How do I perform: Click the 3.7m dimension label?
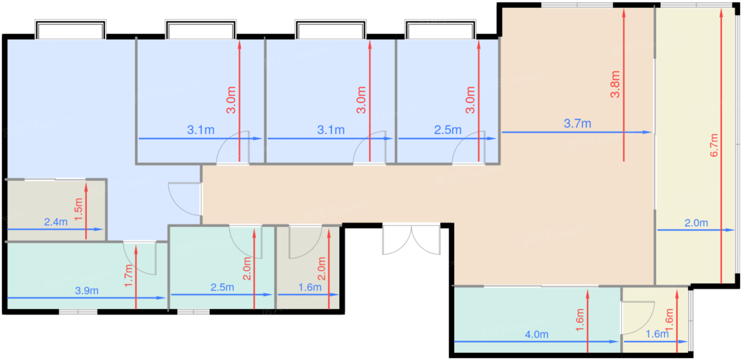click(577, 124)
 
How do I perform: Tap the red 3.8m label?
click(615, 84)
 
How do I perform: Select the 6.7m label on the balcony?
click(714, 145)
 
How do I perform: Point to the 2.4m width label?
click(56, 222)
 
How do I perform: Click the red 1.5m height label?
click(78, 209)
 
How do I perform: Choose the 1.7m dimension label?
click(128, 276)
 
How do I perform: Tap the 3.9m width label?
click(86, 291)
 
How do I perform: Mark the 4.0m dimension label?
click(536, 335)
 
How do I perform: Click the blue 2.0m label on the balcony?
click(696, 223)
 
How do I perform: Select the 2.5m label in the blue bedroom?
click(447, 130)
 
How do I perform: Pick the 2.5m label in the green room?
click(222, 287)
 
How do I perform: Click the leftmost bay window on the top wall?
click(70, 30)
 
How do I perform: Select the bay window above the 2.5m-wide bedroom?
click(440, 30)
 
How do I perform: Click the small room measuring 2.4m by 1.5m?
click(56, 210)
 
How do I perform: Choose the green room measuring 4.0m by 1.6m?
click(537, 320)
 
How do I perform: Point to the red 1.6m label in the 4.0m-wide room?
click(580, 320)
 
